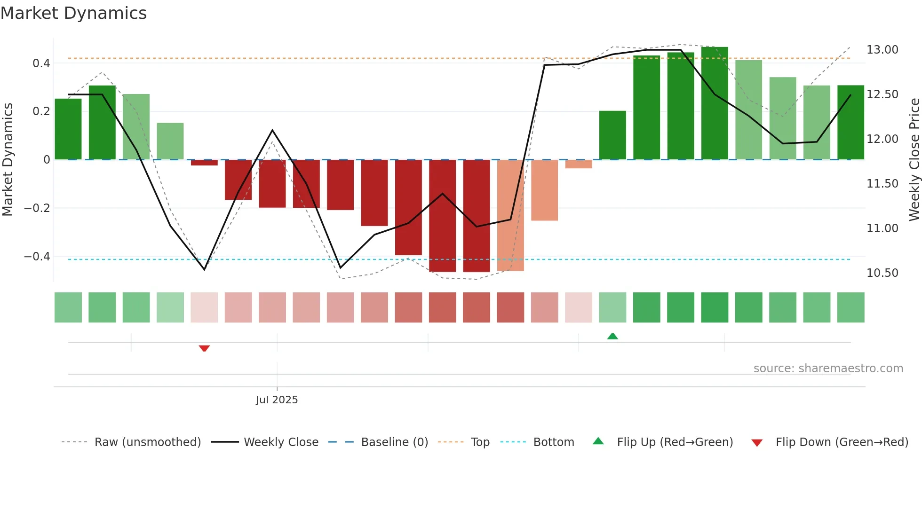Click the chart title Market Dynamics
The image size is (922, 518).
coord(73,13)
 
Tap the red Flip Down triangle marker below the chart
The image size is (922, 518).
coord(204,348)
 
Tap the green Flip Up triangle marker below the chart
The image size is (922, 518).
coord(612,336)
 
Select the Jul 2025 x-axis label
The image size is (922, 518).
coord(277,400)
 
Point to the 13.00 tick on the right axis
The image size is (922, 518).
coord(882,50)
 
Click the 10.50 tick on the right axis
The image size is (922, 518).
coord(882,273)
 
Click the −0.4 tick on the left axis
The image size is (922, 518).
coord(37,257)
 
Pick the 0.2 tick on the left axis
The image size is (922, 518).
coord(41,111)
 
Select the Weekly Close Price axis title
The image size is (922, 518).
coord(914,159)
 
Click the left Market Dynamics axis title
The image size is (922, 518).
coord(8,159)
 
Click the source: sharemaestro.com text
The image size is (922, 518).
coord(828,369)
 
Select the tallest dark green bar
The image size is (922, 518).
coord(715,103)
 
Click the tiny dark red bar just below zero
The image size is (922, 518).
coord(204,163)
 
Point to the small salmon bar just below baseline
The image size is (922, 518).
coord(579,164)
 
